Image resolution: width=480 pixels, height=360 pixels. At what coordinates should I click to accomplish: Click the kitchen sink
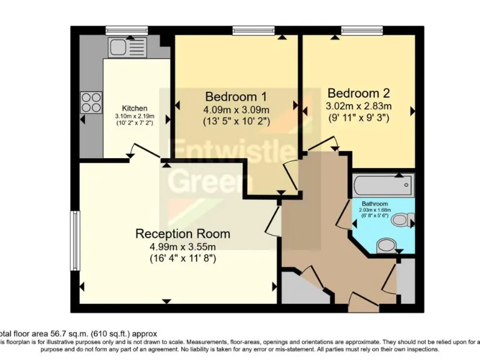(x=126, y=47)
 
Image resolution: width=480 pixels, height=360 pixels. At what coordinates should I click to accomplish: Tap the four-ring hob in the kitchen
(x=91, y=102)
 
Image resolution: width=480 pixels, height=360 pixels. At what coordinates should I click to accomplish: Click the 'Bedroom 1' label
(x=236, y=97)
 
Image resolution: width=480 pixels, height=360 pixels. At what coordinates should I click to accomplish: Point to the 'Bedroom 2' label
(x=358, y=93)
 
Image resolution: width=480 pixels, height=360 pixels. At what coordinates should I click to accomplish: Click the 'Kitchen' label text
(x=134, y=109)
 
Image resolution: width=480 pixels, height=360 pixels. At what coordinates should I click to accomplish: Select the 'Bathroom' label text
(x=374, y=204)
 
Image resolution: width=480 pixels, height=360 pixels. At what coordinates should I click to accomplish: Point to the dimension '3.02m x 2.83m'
(x=358, y=106)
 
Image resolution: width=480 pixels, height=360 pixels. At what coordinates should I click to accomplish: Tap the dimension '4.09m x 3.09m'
(x=236, y=109)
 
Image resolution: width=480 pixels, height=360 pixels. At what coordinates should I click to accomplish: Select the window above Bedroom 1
(x=253, y=30)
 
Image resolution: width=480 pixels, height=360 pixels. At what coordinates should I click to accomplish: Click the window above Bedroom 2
(x=361, y=30)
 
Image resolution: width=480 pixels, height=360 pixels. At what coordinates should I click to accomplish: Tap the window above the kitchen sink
(x=126, y=30)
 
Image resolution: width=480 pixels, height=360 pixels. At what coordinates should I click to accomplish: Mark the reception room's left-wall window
(x=74, y=241)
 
